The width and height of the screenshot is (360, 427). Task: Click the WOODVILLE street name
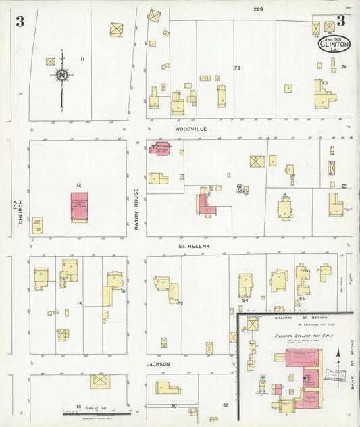coord(190,128)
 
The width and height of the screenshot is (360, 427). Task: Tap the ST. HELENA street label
coord(194,246)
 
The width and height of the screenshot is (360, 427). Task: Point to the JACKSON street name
coord(159,364)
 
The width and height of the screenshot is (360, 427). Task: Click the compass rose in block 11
coord(61,76)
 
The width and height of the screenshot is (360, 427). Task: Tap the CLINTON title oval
coord(336,45)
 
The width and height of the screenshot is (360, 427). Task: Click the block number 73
coord(237,68)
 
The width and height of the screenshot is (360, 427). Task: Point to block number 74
coord(344,66)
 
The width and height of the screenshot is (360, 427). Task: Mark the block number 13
coord(79,304)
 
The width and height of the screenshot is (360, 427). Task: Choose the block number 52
coord(180,303)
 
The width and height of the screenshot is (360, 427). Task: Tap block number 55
coord(302,297)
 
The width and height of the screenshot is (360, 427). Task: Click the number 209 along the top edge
coord(257,9)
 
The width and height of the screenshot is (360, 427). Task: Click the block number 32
coord(226,405)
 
